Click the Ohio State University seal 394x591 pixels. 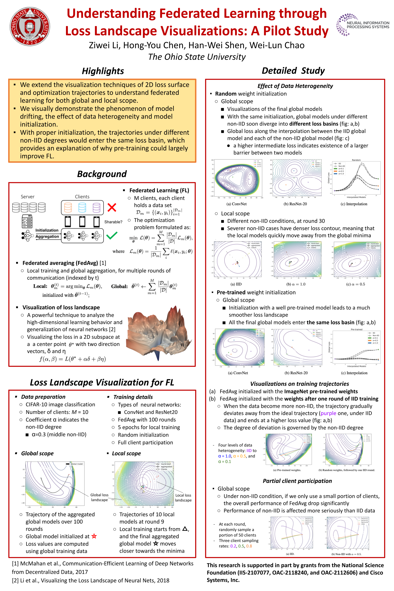click(30, 26)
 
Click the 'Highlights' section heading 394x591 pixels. click(103, 71)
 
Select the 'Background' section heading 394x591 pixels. click(102, 174)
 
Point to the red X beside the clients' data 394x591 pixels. click(112, 207)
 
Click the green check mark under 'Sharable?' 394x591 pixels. click(112, 235)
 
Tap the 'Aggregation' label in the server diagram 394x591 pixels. click(47, 236)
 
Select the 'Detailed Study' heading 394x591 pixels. click(293, 71)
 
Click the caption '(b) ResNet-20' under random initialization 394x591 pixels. click(295, 204)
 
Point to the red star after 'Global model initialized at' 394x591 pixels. click(94, 536)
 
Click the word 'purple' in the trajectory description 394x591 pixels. click(328, 413)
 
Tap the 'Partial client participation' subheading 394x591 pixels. click(297, 481)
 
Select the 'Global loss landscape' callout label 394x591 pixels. click(99, 497)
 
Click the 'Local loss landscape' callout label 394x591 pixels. click(183, 498)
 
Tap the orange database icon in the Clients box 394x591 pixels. click(68, 208)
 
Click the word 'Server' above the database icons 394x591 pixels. click(28, 197)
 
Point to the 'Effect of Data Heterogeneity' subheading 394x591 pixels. click(295, 86)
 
